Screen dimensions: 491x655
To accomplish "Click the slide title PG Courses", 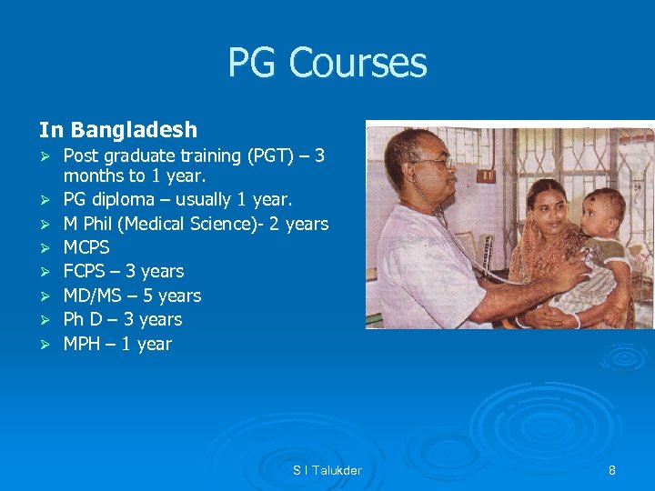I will (327, 63).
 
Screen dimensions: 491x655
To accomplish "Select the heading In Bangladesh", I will (117, 131).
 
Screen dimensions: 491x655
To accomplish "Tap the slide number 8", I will (612, 470).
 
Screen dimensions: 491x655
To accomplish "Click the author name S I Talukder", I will (327, 470).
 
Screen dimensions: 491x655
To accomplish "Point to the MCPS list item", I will (86, 247).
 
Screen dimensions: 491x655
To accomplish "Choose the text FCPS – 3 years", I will (123, 271).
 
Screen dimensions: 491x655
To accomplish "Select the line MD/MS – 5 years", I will (132, 296).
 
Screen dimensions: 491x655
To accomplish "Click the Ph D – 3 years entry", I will (122, 319).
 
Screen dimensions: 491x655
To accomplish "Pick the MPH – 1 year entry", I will (116, 344).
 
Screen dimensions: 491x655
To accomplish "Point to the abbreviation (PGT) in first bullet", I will (268, 155).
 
